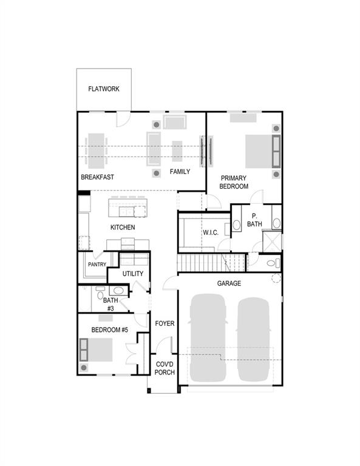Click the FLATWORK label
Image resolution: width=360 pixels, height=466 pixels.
tap(104, 89)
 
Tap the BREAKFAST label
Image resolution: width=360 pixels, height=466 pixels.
tap(98, 177)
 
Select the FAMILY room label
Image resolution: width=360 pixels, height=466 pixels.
tap(180, 172)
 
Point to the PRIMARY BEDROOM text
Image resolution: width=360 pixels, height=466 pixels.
tap(234, 182)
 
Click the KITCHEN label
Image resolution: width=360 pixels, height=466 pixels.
tap(123, 228)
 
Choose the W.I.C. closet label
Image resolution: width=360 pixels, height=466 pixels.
tap(211, 232)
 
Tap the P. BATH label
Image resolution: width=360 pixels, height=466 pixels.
tap(254, 220)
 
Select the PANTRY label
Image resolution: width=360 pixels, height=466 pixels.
tap(97, 264)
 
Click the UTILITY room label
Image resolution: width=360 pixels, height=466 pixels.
tap(133, 274)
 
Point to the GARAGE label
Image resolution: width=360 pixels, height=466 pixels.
tap(229, 283)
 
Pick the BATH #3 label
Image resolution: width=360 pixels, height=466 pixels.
tap(110, 304)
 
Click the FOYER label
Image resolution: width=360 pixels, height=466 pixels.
tap(165, 323)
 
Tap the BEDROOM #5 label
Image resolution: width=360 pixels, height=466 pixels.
tap(110, 329)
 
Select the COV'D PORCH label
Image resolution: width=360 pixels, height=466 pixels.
tap(165, 368)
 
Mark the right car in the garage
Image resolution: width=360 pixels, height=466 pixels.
tap(253, 337)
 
